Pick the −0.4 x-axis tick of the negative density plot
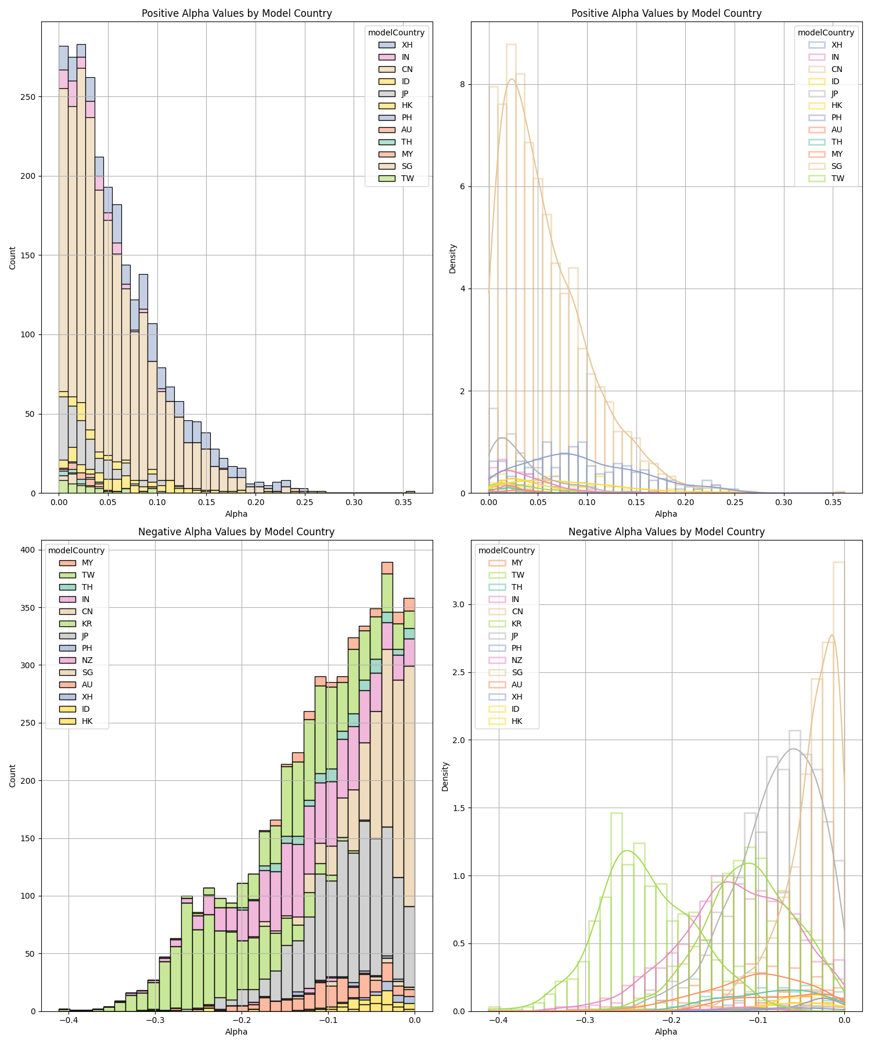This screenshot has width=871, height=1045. click(498, 1020)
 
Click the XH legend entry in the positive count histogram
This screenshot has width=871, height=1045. click(407, 45)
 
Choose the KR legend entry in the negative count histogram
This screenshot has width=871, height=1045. click(87, 624)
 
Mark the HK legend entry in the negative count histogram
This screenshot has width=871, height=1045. click(87, 721)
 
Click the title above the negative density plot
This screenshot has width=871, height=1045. click(666, 532)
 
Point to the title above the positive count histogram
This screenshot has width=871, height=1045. click(237, 13)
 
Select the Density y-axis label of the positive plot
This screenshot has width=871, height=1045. click(453, 258)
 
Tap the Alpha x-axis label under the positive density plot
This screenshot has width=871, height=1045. click(666, 514)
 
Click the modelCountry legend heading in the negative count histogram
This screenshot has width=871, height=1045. click(76, 550)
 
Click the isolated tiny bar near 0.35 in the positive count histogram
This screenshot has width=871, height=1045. click(410, 492)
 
